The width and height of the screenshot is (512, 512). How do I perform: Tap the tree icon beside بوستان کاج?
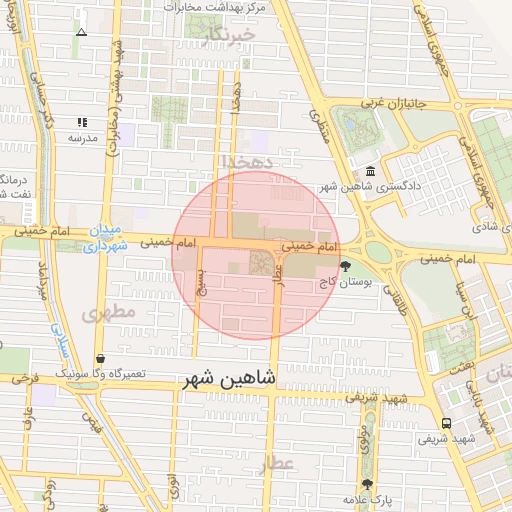[x=346, y=266]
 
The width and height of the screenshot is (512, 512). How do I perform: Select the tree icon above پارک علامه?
[x=368, y=484]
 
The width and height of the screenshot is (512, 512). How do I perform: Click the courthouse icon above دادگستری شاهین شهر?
[x=371, y=171]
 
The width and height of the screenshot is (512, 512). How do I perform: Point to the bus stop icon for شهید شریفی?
[x=446, y=423]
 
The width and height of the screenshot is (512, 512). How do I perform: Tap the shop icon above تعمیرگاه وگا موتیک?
[x=101, y=358]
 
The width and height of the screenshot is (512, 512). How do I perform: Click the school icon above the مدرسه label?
[x=82, y=123]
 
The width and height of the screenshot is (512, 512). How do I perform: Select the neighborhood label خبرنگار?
[x=229, y=35]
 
